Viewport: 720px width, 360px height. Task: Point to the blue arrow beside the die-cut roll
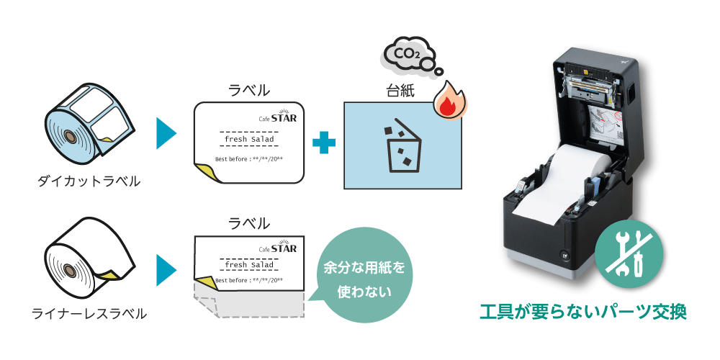tap(166, 133)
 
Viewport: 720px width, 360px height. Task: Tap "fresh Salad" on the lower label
tap(249, 265)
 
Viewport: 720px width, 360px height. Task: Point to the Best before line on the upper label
tap(249, 159)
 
